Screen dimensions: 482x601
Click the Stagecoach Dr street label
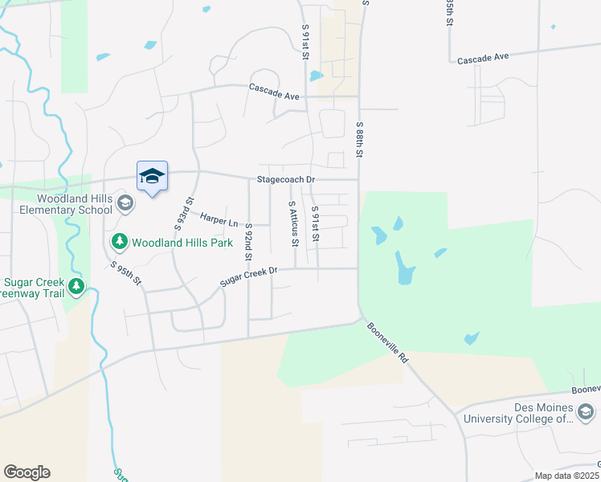(x=285, y=180)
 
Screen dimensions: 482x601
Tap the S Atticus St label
(x=293, y=223)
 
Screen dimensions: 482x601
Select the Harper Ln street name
(x=219, y=219)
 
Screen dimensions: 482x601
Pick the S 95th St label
(x=126, y=274)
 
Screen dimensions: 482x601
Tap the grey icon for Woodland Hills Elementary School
(x=125, y=202)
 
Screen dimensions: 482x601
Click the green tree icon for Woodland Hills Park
(x=119, y=241)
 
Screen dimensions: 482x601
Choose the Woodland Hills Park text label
(x=182, y=242)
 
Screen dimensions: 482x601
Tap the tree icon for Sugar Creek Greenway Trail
(x=76, y=285)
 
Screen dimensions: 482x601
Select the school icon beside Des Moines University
(x=586, y=413)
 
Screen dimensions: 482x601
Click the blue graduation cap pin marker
(x=152, y=177)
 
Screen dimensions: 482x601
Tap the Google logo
(x=27, y=472)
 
